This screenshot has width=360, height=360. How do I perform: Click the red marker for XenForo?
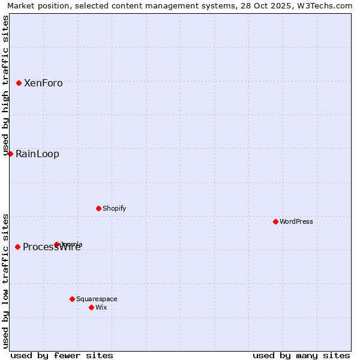(19, 83)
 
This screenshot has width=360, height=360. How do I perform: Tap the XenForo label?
(43, 83)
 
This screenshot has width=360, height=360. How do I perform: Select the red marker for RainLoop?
(10, 154)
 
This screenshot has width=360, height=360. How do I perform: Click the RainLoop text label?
(37, 154)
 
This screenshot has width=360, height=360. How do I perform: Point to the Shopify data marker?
(99, 208)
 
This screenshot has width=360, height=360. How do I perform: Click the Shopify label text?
(114, 209)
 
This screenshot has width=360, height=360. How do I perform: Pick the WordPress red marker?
(276, 221)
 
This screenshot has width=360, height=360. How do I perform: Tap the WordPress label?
(296, 222)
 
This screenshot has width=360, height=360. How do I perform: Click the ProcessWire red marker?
(18, 247)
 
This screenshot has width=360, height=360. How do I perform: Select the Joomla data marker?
(57, 244)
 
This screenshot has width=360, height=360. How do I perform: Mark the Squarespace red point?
(73, 299)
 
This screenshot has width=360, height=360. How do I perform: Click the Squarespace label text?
(97, 299)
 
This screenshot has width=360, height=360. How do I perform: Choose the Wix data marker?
(92, 307)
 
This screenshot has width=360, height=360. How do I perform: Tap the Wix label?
(101, 308)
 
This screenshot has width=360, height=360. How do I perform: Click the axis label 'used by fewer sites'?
(62, 355)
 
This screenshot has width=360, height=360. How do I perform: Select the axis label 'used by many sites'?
(301, 355)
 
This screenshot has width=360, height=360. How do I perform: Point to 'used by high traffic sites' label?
(6, 84)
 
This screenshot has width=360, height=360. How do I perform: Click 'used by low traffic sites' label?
(6, 281)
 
